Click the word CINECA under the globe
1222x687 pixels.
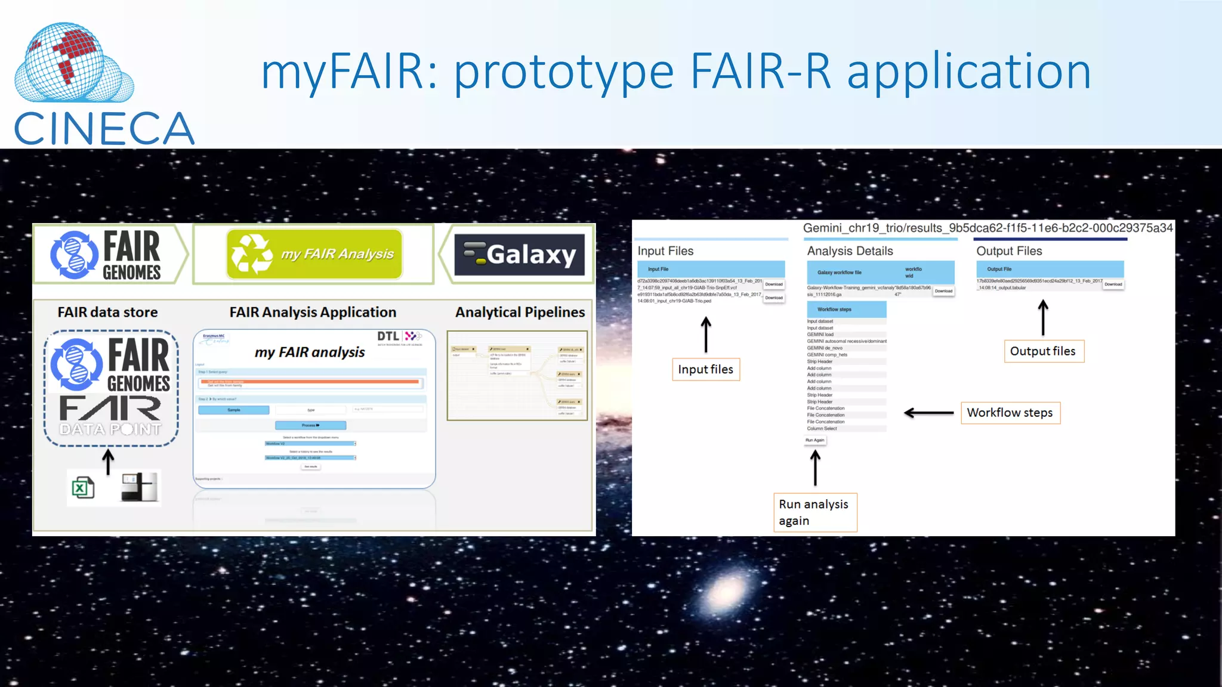coord(104,129)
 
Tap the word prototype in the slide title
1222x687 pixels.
coord(564,72)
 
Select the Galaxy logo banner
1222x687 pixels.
coord(519,255)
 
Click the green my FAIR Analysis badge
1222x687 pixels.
coord(314,254)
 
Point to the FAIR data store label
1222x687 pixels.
coord(107,312)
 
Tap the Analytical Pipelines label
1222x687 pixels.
coord(520,312)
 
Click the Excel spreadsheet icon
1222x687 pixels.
coord(82,488)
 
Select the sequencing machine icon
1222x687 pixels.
coord(140,487)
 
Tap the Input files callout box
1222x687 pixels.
coord(705,370)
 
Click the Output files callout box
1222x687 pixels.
coord(1042,351)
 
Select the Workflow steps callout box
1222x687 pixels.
coord(1010,413)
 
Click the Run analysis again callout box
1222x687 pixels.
coord(814,512)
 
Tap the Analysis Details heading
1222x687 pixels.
coord(850,251)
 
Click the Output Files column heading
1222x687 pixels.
coord(1009,251)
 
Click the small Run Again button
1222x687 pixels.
coord(814,440)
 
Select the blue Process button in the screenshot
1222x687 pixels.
coord(310,425)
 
